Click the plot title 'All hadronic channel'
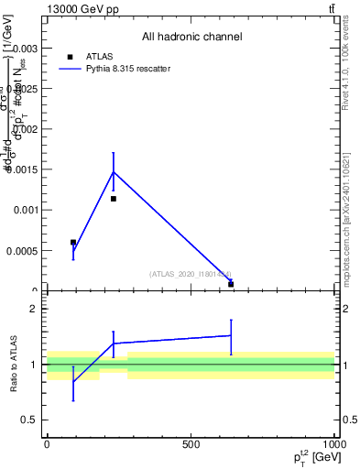191,38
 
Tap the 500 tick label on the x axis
191,444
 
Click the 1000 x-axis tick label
333,444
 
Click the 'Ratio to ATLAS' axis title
13,365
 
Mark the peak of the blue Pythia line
114,171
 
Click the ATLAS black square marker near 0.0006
73,243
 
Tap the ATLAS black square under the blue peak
114,199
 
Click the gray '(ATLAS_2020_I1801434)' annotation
191,274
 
